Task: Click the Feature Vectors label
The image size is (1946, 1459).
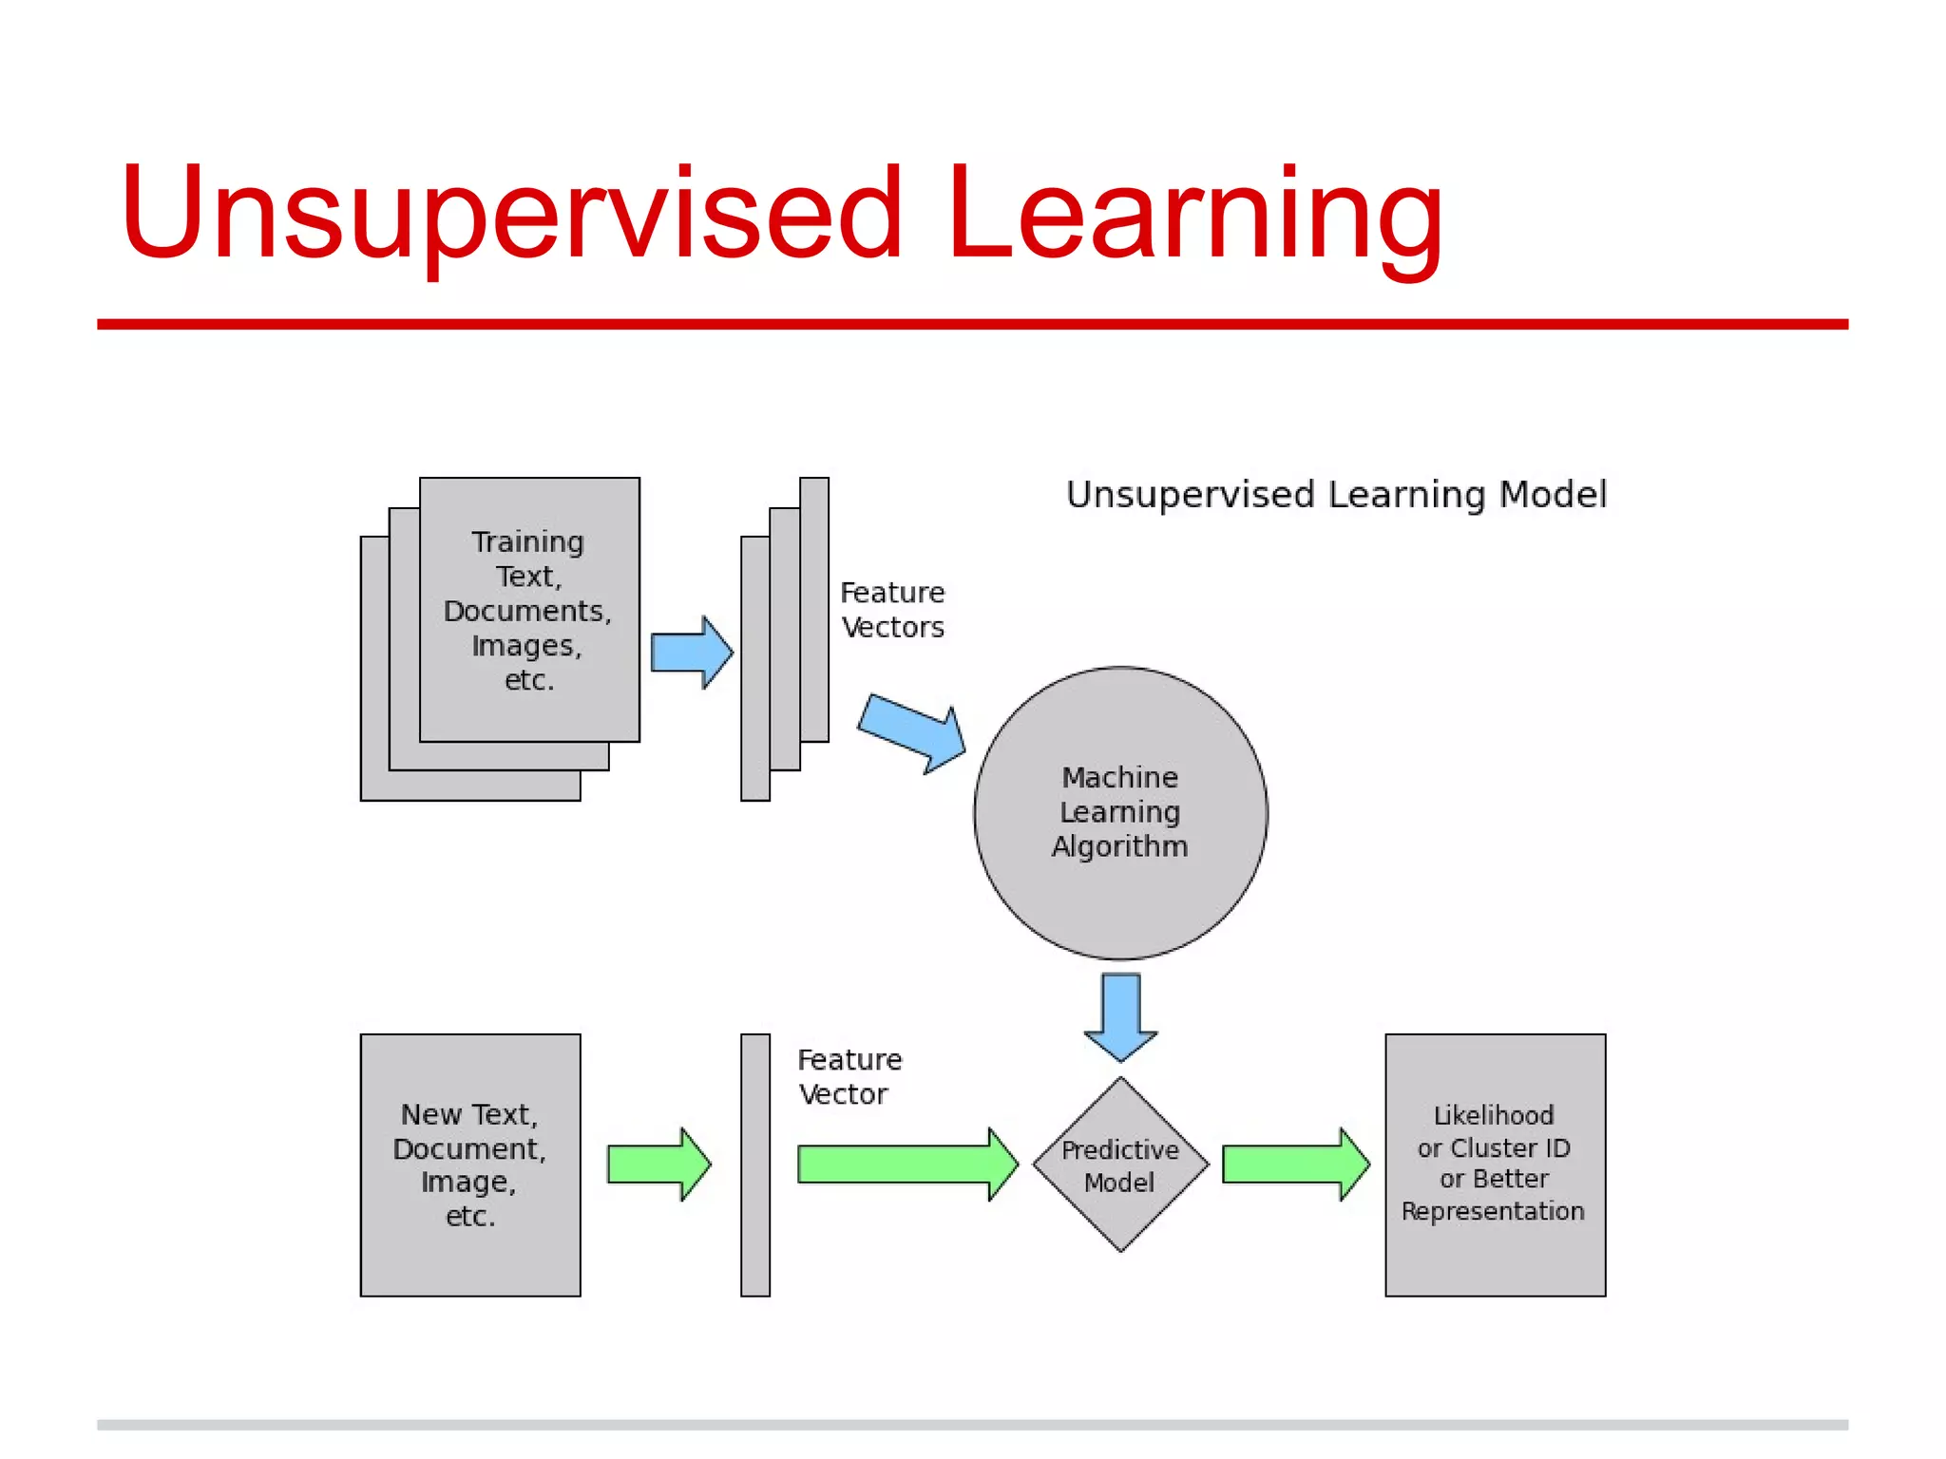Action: [892, 610]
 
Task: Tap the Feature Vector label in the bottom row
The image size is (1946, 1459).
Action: [849, 1076]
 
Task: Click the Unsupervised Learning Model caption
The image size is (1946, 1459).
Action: [1336, 495]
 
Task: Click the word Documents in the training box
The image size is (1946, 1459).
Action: [526, 611]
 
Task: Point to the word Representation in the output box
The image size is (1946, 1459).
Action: [1493, 1211]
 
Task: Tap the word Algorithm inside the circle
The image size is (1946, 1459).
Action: [1119, 846]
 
